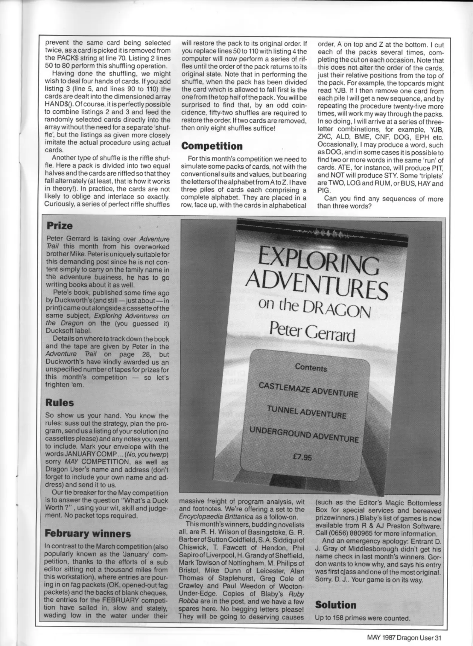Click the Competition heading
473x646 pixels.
(212, 146)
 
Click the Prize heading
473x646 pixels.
(60, 226)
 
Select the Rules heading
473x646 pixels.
(59, 403)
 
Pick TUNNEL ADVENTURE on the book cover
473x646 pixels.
(306, 412)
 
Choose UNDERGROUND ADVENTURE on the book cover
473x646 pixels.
(304, 434)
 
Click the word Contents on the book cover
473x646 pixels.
(311, 368)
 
